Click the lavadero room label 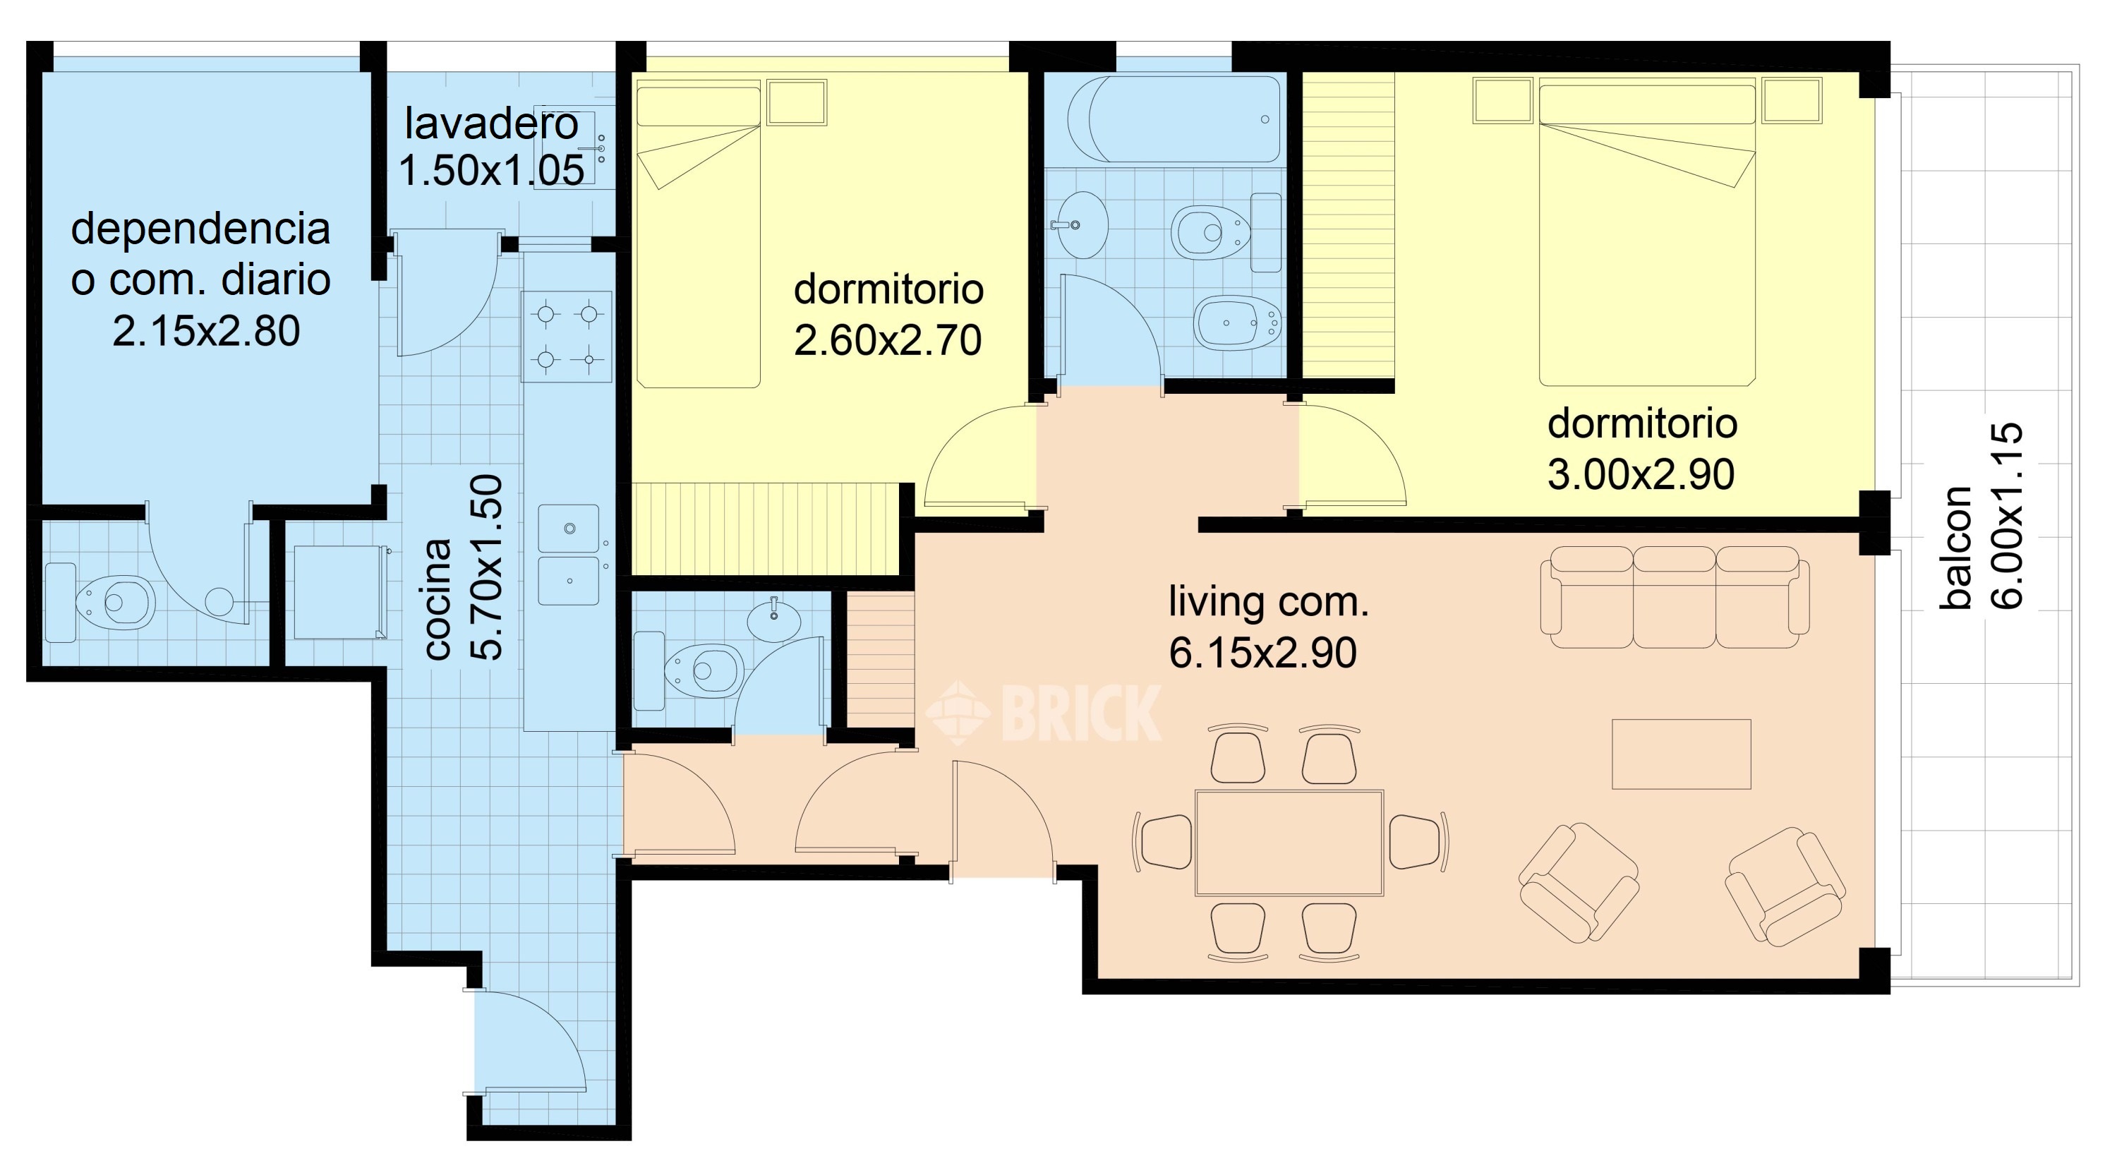point(491,124)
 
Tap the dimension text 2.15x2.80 point(206,331)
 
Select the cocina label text point(438,599)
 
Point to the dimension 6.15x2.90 point(1262,653)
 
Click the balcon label point(1957,548)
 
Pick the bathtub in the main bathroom point(1174,119)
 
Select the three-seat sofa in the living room point(1675,598)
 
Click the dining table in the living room point(1289,843)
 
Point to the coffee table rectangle point(1682,754)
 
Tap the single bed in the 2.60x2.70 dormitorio point(699,238)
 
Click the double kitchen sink point(569,555)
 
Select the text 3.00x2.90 point(1641,475)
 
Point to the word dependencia point(200,229)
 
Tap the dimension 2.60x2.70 point(888,341)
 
